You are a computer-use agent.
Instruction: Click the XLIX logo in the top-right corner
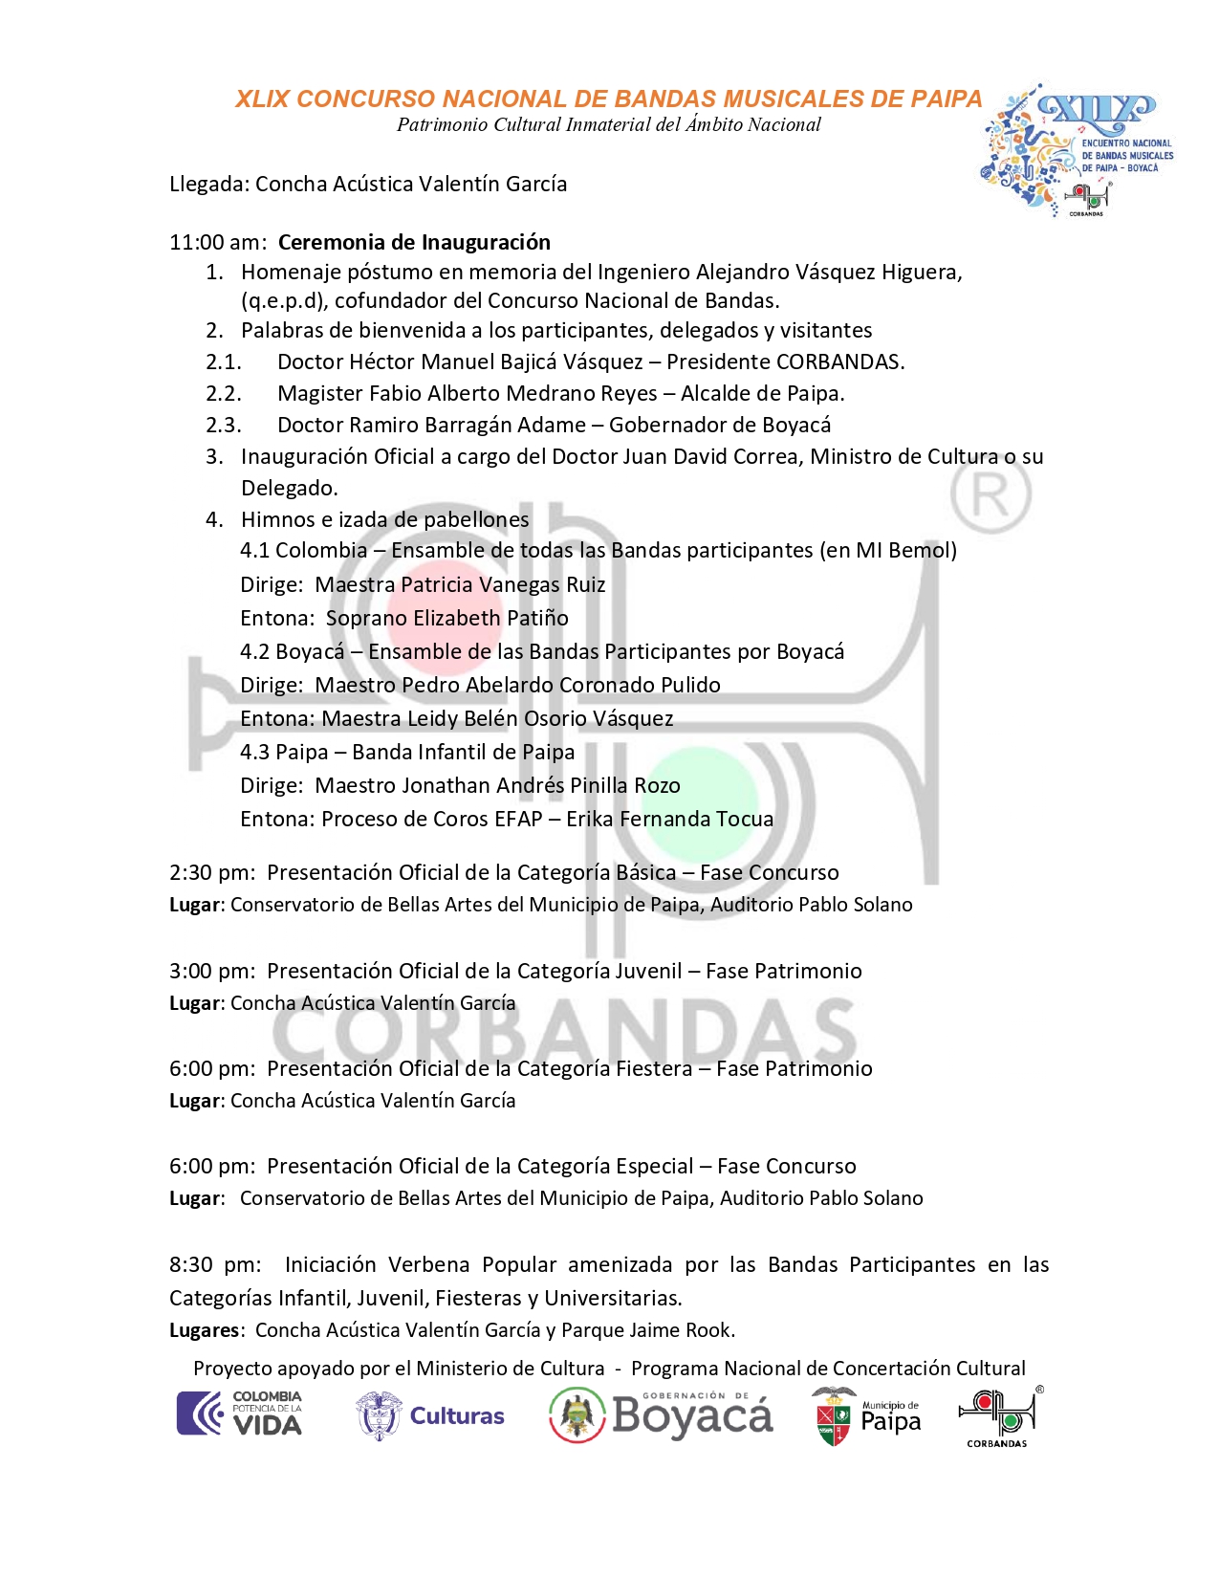click(1076, 148)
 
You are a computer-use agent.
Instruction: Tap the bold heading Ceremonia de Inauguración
click(414, 242)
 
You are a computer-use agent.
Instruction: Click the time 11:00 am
click(216, 242)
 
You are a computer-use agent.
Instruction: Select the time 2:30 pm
click(211, 872)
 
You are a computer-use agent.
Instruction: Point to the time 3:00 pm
click(211, 971)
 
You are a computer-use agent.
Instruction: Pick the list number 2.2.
click(223, 393)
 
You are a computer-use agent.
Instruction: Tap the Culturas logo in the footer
click(430, 1416)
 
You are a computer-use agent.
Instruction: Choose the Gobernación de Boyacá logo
click(661, 1415)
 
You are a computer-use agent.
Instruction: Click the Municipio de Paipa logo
click(866, 1416)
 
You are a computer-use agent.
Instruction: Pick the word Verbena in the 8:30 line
click(428, 1264)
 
